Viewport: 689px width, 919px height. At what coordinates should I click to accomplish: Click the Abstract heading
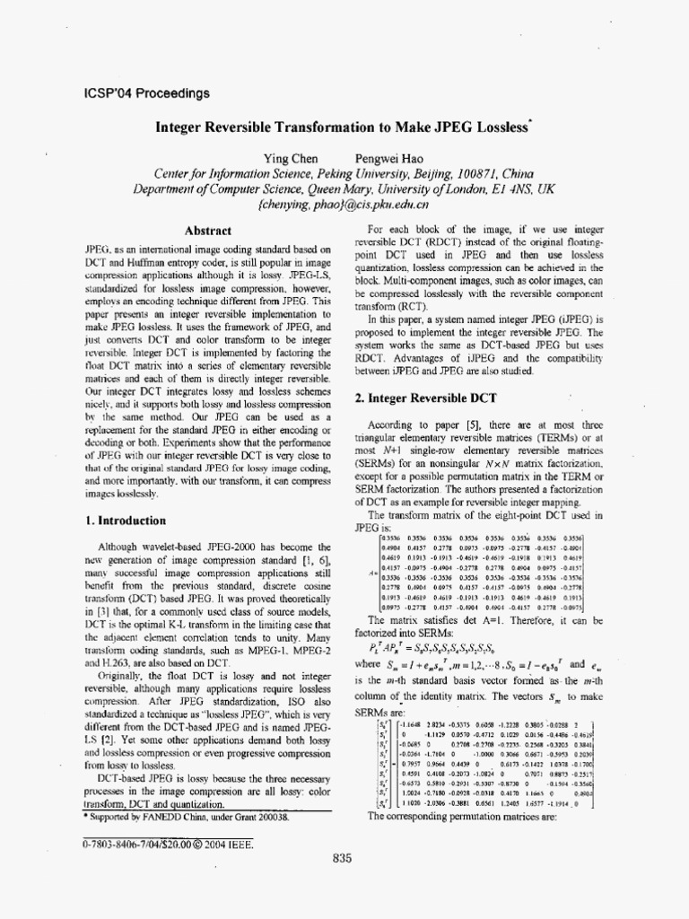point(207,231)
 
